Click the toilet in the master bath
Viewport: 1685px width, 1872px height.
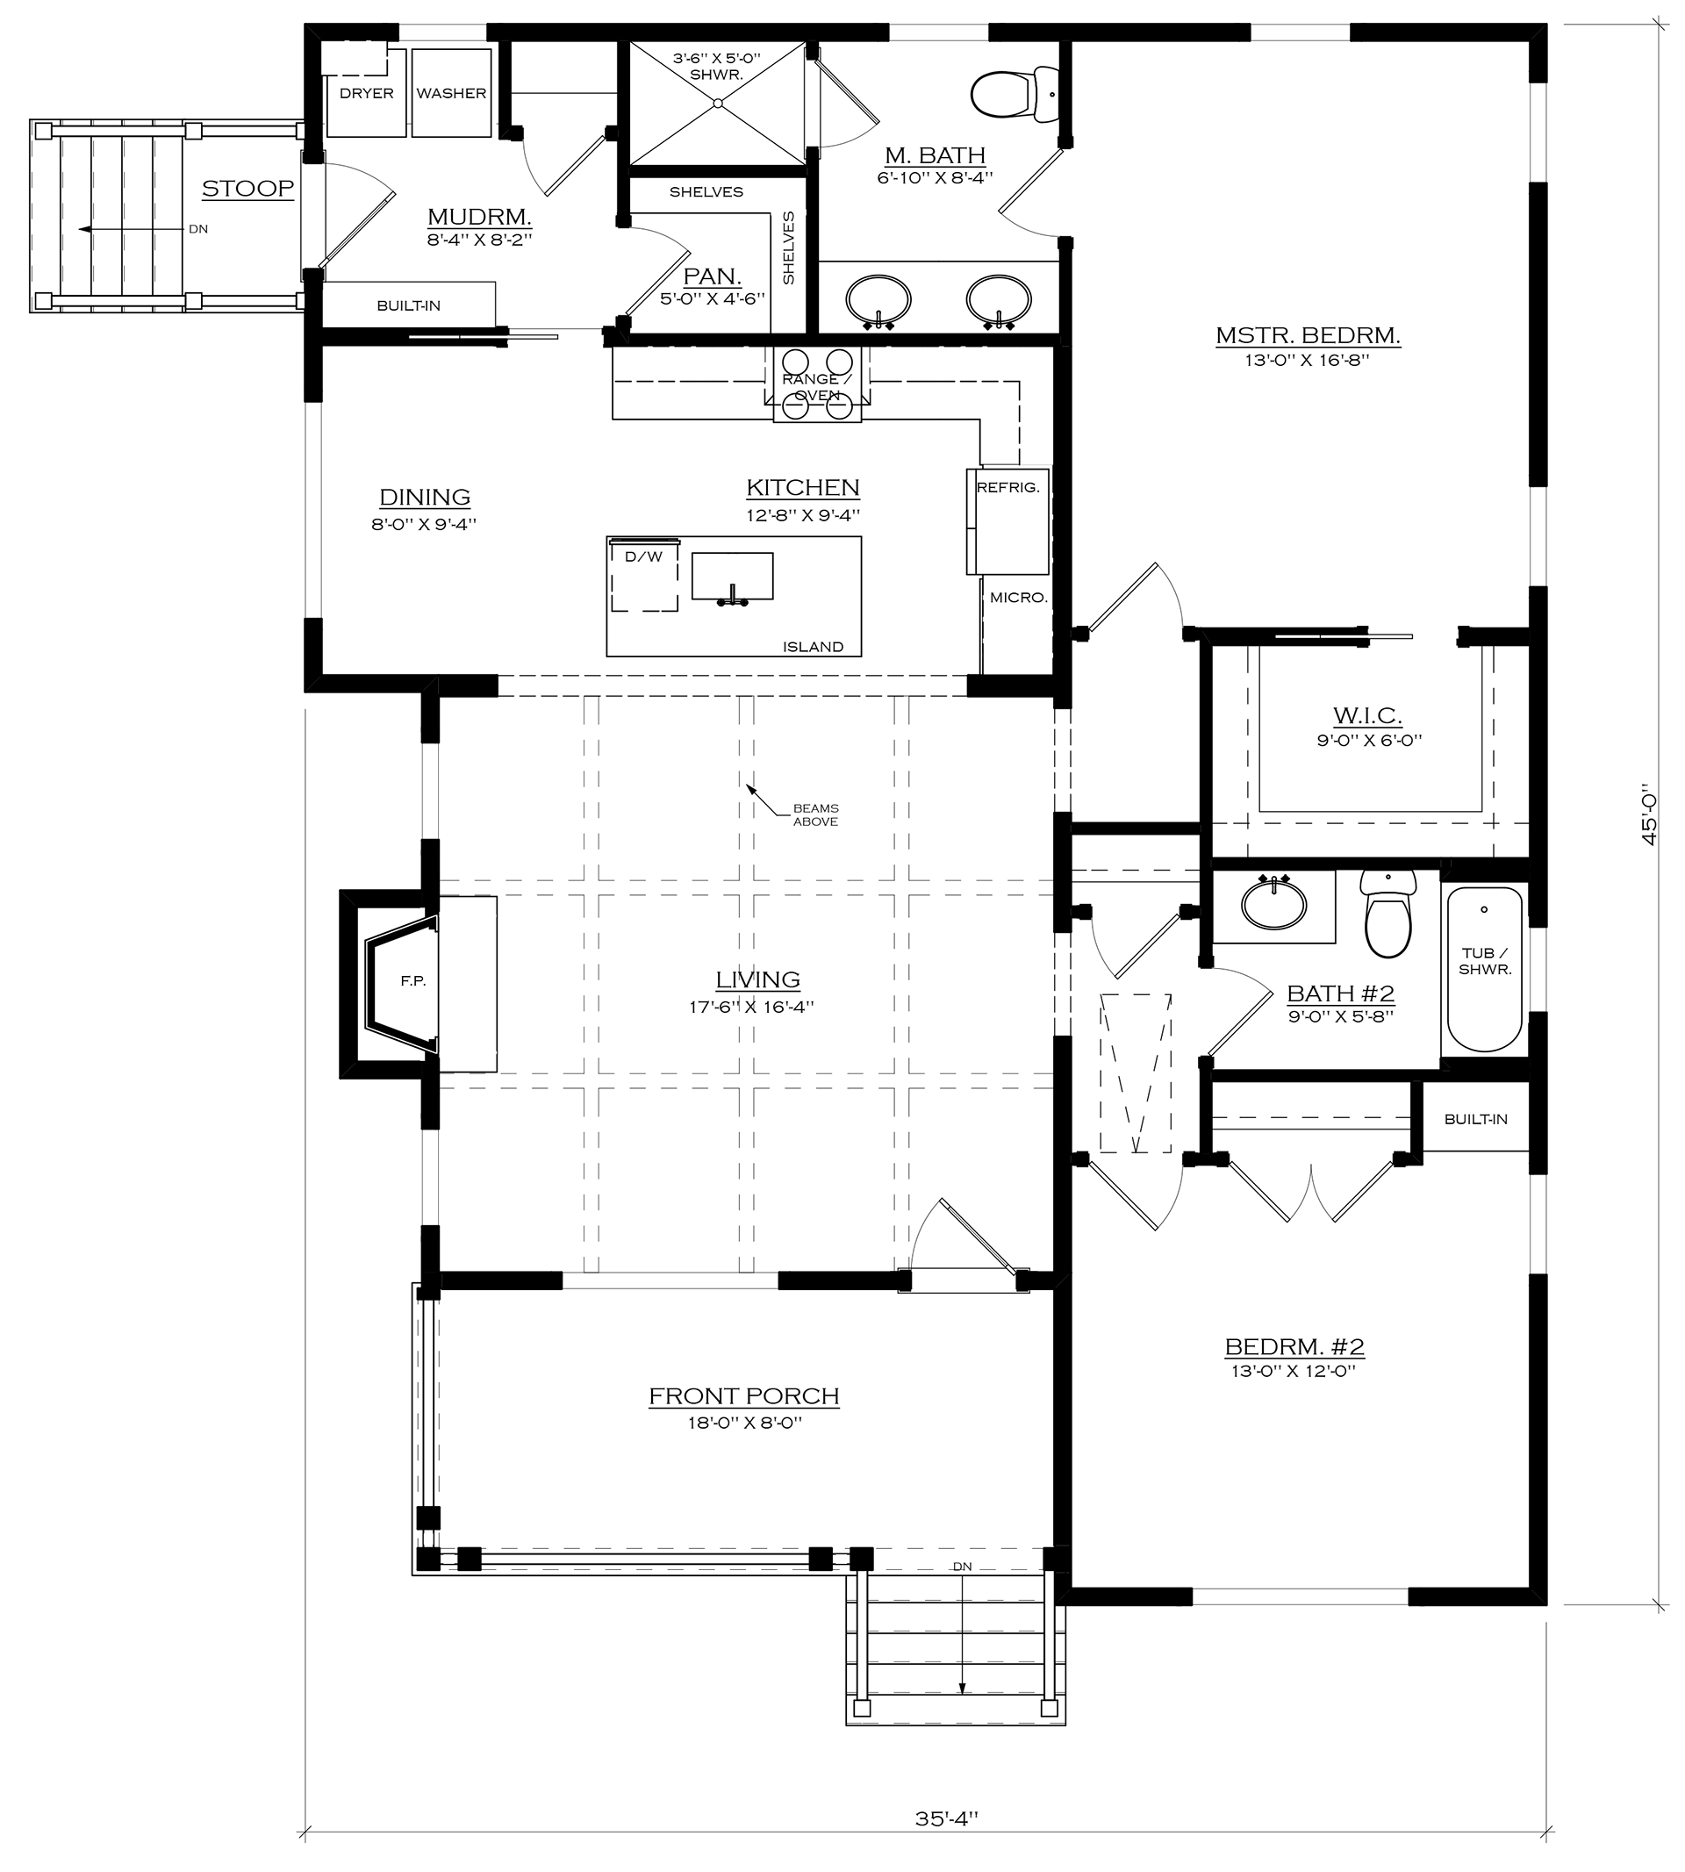1015,95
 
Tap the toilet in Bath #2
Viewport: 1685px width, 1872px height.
1387,913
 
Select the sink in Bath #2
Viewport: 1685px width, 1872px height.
1274,903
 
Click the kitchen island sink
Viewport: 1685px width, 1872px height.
732,577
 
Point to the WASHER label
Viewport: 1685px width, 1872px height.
451,94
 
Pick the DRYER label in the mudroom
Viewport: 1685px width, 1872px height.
367,94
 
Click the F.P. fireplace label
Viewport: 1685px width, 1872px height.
413,981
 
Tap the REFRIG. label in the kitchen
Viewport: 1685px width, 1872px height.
1008,487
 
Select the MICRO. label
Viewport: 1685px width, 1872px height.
1018,598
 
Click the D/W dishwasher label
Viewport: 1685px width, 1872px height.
643,556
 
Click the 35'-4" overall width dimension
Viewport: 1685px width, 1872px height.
946,1819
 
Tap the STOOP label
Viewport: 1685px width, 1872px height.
248,189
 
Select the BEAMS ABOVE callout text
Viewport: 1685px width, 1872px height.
815,814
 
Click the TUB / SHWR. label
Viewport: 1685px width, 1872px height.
1485,961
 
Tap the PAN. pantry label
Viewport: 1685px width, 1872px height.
712,276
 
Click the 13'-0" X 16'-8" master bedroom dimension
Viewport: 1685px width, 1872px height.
1307,360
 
